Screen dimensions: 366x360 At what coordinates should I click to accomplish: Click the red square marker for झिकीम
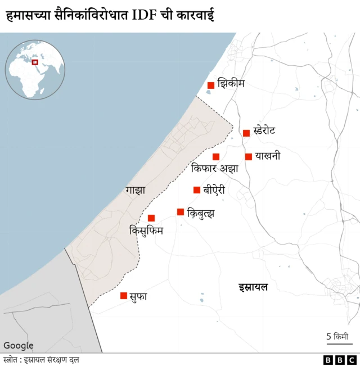tap(211, 85)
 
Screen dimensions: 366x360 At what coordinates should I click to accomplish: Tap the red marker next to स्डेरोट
tap(246, 133)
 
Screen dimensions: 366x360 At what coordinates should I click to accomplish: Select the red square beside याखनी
tap(249, 157)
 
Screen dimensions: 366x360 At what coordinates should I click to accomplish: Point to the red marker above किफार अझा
tap(216, 157)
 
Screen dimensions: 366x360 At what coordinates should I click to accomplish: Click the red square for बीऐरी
tap(197, 190)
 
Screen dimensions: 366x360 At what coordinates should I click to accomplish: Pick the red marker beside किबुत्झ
tap(181, 212)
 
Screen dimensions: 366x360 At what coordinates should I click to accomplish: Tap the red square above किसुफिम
tap(151, 218)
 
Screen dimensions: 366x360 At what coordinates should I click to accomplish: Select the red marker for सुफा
tap(124, 296)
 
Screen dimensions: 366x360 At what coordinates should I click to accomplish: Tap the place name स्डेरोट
tap(264, 132)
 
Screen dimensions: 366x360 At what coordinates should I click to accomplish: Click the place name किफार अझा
tap(215, 168)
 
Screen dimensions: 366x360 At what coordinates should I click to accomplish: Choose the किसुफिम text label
tap(146, 230)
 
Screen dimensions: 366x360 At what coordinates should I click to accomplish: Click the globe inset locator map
tap(35, 70)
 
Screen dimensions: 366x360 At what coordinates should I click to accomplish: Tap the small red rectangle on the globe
tap(35, 62)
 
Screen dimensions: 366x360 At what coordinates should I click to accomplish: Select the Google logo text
tap(19, 346)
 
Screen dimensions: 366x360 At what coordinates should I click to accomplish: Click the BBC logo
tap(340, 360)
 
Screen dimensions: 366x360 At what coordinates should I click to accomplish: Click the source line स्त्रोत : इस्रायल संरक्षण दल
tap(41, 360)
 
